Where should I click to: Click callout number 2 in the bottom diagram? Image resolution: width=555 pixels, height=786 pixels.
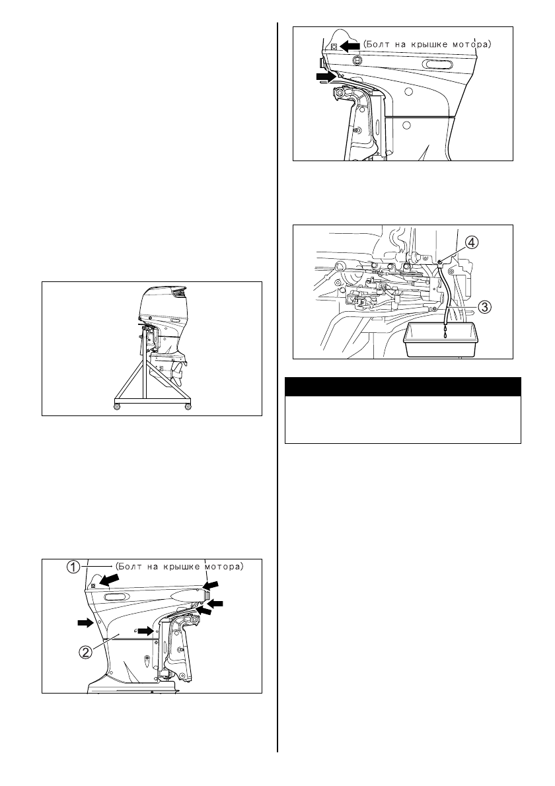86,651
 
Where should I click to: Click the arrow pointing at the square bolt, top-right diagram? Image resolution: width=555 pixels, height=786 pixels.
350,46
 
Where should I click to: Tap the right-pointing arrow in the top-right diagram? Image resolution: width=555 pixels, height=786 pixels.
326,77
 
